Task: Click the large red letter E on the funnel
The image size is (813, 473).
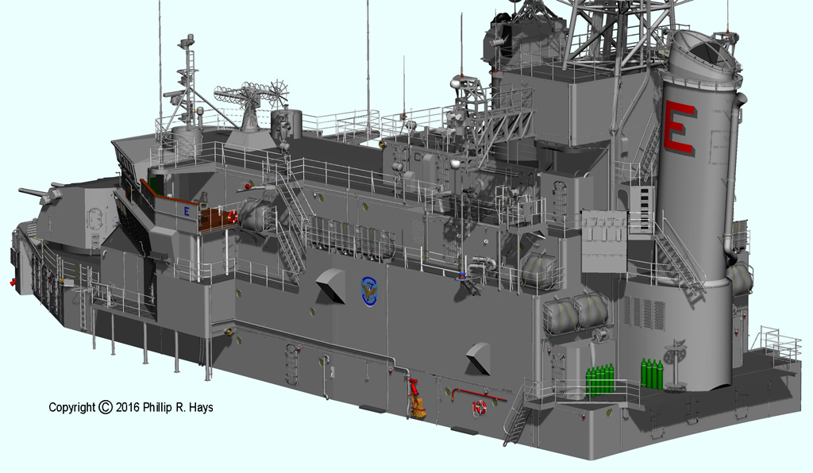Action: tap(678, 128)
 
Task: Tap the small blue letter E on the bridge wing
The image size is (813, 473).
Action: tap(187, 211)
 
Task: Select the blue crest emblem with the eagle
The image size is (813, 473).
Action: tap(369, 291)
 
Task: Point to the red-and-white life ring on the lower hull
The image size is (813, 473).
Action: tap(480, 407)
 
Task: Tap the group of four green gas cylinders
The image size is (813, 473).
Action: tap(652, 372)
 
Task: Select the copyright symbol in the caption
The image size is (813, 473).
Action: tap(106, 407)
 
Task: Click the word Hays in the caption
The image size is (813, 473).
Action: tap(202, 408)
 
